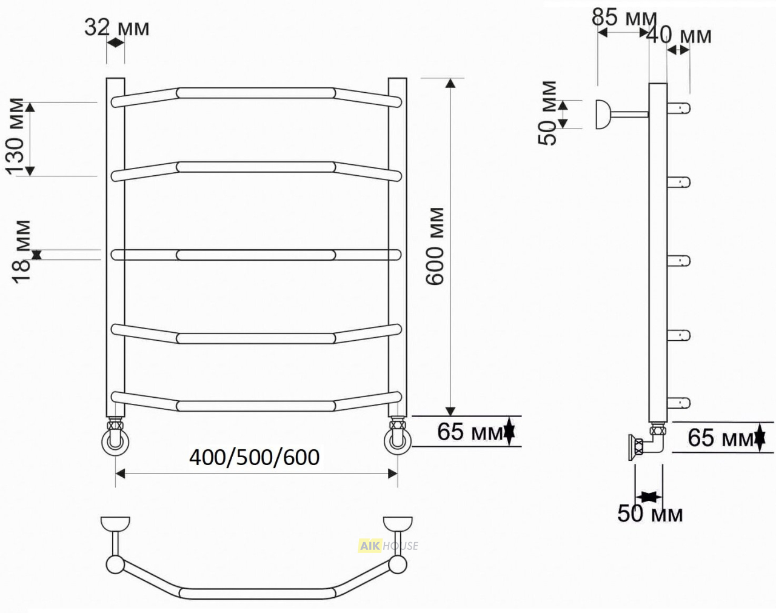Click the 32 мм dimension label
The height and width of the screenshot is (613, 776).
click(x=116, y=28)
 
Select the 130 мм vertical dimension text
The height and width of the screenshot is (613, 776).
click(x=15, y=136)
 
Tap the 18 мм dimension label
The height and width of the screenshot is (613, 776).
click(x=21, y=252)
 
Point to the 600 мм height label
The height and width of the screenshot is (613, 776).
click(x=434, y=246)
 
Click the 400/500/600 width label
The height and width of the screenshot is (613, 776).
click(x=254, y=458)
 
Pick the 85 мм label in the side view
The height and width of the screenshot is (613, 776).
click(x=624, y=18)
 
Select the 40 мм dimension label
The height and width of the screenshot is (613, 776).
click(x=679, y=35)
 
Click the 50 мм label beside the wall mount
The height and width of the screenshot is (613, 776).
click(x=547, y=113)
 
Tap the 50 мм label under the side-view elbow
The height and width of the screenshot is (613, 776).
click(x=650, y=514)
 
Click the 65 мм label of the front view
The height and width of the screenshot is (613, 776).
click(x=470, y=432)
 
